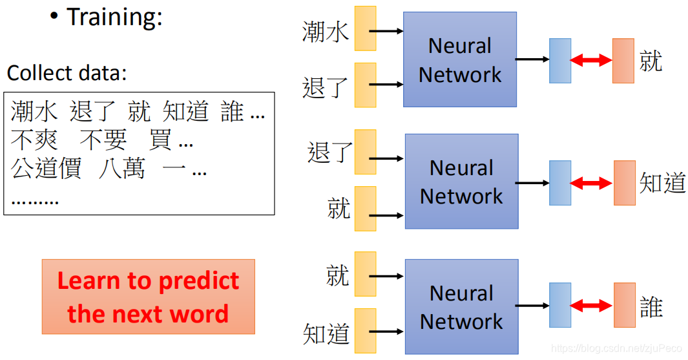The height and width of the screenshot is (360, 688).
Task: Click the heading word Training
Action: (114, 17)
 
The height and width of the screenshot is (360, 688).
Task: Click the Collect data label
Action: (67, 73)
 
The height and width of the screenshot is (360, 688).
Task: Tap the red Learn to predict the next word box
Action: (149, 297)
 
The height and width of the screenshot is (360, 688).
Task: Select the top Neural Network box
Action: (459, 59)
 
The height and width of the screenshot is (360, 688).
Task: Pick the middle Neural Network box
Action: (461, 182)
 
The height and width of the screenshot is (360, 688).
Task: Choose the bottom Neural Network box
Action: (461, 307)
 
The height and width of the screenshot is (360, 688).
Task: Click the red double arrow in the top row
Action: (591, 61)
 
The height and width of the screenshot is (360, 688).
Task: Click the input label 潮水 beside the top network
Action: (326, 32)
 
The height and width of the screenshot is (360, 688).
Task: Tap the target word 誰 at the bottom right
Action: (651, 306)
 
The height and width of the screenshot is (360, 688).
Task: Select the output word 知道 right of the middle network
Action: (662, 183)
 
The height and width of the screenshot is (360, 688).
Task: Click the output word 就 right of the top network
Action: (651, 61)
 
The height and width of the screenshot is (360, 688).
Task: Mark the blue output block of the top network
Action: (560, 61)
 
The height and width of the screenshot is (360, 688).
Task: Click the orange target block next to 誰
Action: (624, 305)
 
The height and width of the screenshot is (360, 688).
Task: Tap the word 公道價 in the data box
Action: (46, 169)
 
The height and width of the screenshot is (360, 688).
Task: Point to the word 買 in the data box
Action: (160, 140)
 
